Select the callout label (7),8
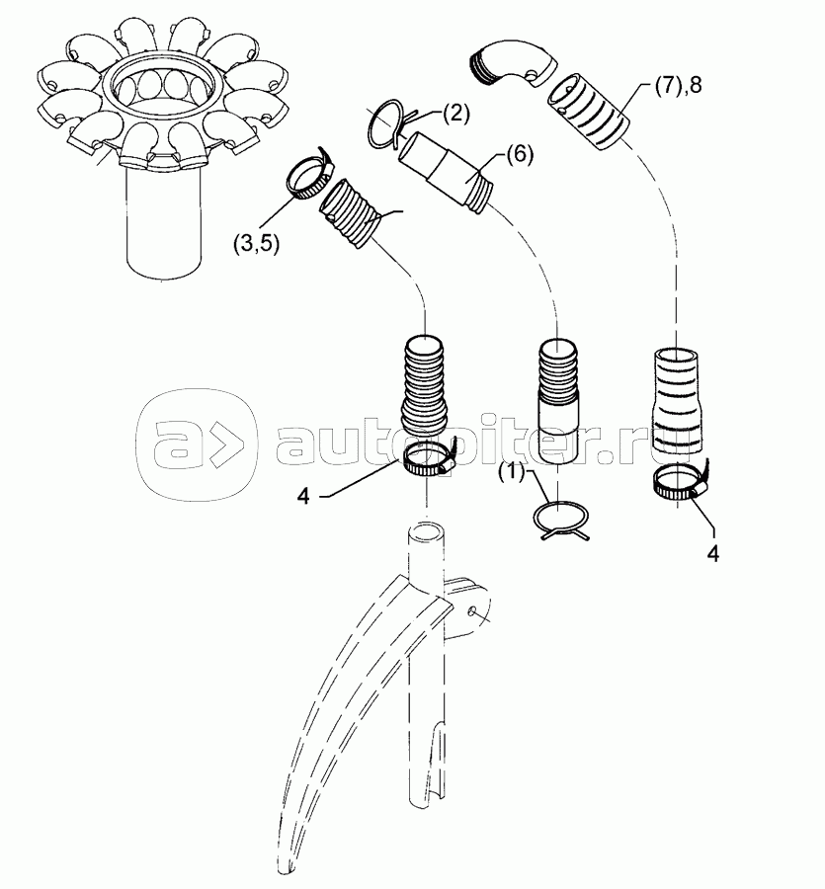point(678,85)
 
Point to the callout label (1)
point(512,473)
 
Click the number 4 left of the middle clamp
point(304,496)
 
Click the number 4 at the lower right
point(713,553)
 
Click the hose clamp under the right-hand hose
point(681,482)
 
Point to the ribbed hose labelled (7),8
point(588,111)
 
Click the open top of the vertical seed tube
point(426,533)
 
